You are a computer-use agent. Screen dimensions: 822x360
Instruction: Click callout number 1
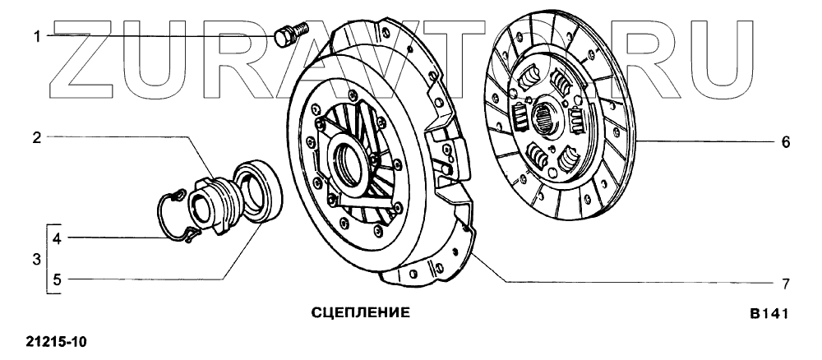(37, 35)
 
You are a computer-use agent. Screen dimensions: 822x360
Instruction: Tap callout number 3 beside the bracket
(37, 260)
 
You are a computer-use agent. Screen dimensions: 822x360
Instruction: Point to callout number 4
(57, 239)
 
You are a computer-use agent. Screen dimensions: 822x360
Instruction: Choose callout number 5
(57, 280)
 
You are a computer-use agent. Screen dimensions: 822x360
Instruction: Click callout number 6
(785, 142)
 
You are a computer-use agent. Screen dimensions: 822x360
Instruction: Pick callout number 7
(785, 284)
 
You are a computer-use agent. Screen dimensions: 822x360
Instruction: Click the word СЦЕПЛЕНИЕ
(361, 313)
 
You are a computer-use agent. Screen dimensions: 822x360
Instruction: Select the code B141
(768, 315)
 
